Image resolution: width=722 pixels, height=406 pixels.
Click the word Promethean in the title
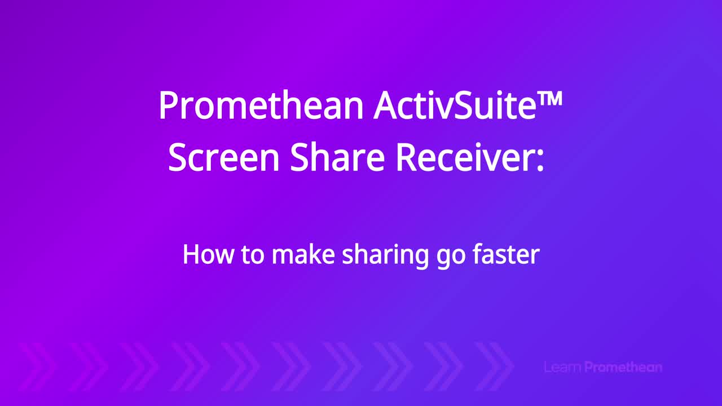[x=261, y=105]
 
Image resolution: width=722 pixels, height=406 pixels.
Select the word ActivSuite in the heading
[x=455, y=105]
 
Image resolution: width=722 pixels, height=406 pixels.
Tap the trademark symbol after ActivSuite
[x=551, y=99]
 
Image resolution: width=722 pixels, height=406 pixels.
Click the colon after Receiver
[x=540, y=161]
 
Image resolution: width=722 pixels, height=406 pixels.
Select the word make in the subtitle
[x=303, y=254]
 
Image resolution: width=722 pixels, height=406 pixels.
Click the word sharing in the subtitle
[x=385, y=256]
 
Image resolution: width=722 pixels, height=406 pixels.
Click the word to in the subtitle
[x=252, y=255]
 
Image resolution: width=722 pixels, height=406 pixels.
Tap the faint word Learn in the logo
[x=563, y=367]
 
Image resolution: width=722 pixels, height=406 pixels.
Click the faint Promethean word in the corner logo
[x=623, y=367]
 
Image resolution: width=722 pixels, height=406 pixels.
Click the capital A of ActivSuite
[x=386, y=106]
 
